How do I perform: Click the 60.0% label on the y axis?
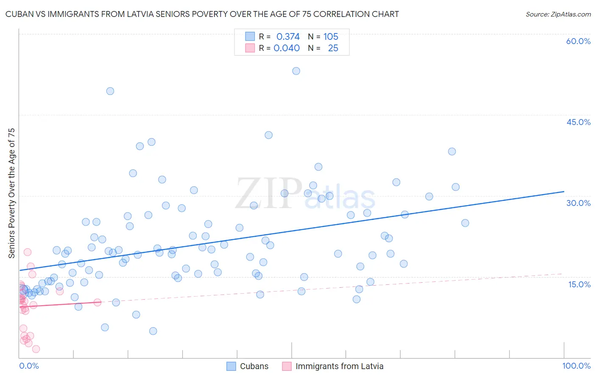click(578, 41)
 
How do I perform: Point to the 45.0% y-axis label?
click(578, 122)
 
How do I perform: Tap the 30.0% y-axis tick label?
click(578, 203)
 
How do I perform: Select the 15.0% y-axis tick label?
click(579, 284)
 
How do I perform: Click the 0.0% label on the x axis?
click(29, 366)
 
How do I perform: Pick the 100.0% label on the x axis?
click(576, 366)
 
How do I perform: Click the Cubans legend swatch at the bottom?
click(231, 366)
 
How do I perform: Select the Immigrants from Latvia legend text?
click(339, 366)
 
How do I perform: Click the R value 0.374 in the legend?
click(288, 36)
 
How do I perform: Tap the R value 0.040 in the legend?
click(287, 48)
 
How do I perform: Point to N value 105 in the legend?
click(331, 36)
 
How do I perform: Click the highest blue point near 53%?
click(296, 71)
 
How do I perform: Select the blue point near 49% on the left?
click(110, 91)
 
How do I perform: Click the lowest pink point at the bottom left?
click(36, 349)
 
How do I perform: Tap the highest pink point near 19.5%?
click(28, 252)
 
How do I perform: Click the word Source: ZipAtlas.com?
click(558, 14)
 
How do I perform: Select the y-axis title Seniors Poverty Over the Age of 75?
click(11, 193)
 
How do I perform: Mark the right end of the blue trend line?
click(564, 192)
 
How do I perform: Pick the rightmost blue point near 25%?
click(465, 223)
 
